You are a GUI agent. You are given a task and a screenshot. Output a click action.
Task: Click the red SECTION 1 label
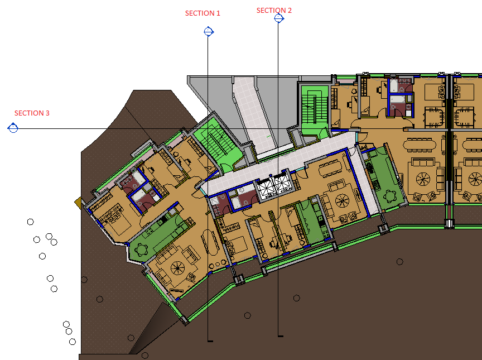click(203, 13)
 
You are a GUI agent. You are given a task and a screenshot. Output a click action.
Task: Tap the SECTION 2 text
click(274, 11)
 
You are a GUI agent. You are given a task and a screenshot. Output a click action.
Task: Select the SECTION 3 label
click(32, 113)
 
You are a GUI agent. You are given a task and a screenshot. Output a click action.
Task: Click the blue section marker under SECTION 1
click(209, 32)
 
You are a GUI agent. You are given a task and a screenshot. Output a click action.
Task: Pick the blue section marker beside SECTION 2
click(279, 18)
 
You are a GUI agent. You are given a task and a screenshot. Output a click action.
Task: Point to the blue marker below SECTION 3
click(13, 128)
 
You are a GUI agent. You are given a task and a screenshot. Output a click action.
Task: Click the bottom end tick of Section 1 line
click(210, 341)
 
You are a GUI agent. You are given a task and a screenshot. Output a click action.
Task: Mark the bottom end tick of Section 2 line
click(281, 337)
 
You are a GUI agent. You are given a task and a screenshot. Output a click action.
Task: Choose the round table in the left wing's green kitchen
click(141, 249)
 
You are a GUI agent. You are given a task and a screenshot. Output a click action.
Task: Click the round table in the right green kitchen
click(391, 195)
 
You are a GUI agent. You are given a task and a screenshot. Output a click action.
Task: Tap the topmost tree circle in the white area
click(31, 222)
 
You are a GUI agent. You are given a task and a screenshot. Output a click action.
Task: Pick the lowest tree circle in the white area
click(73, 342)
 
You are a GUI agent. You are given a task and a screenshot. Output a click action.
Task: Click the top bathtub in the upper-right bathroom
click(394, 86)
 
